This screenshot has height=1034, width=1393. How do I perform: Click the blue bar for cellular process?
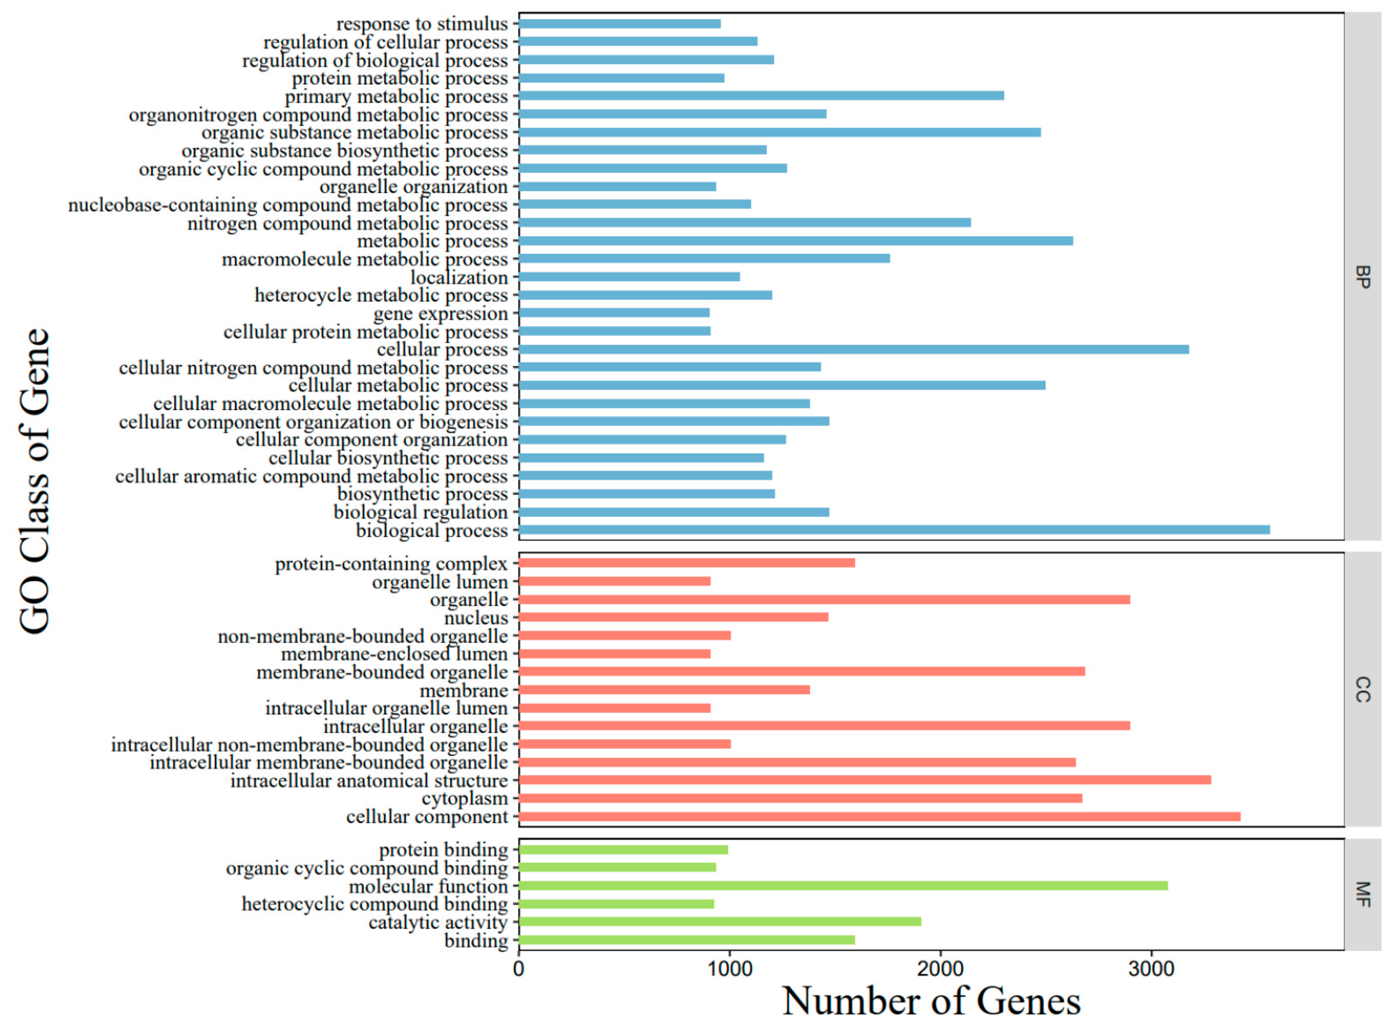click(853, 349)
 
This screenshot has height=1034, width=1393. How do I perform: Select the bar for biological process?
click(894, 530)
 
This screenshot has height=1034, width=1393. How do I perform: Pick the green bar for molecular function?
click(842, 885)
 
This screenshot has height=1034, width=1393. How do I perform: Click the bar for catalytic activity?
click(720, 922)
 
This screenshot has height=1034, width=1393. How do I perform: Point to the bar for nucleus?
click(673, 617)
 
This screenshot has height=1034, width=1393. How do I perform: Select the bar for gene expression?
click(613, 313)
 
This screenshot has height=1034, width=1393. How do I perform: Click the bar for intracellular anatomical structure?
click(864, 780)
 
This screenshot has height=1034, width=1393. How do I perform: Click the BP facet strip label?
click(1362, 277)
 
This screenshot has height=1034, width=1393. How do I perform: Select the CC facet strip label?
click(1362, 689)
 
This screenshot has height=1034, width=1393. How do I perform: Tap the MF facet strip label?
click(1362, 894)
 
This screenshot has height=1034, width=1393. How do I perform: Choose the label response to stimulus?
click(422, 24)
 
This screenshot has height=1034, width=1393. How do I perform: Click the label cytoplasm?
click(464, 799)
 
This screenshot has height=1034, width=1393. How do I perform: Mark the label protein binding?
click(443, 850)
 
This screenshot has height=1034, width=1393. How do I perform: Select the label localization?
click(459, 277)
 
